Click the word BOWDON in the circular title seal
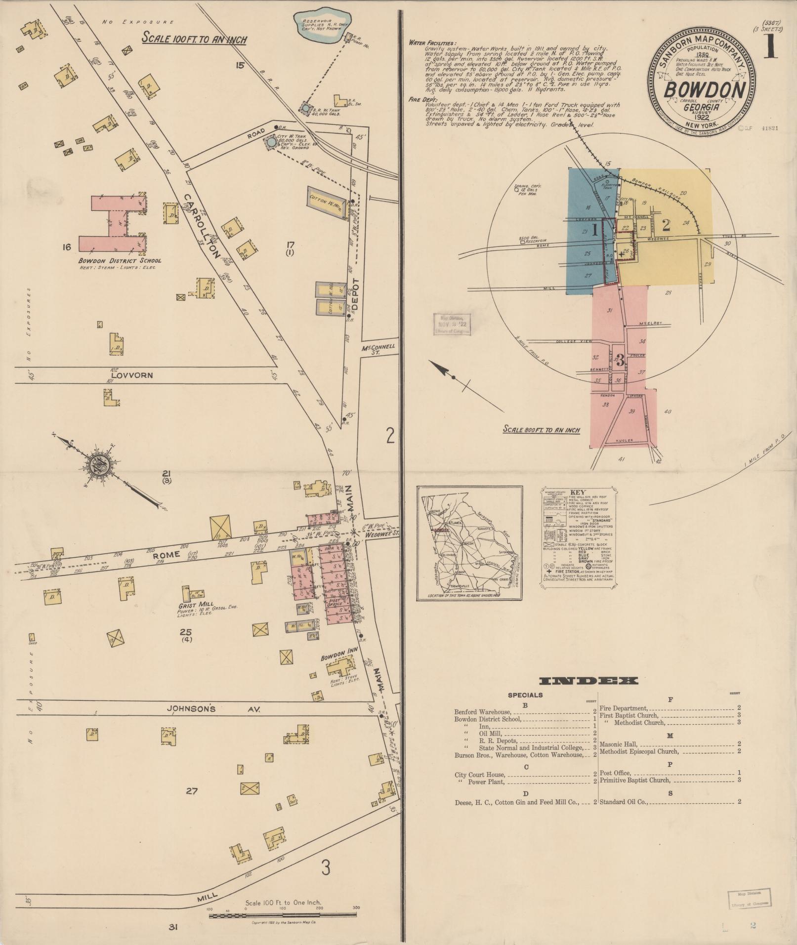(x=704, y=90)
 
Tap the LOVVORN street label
(x=135, y=375)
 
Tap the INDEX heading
(x=588, y=681)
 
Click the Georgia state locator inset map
(x=469, y=543)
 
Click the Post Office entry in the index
(x=615, y=773)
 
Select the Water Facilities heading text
(x=432, y=43)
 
